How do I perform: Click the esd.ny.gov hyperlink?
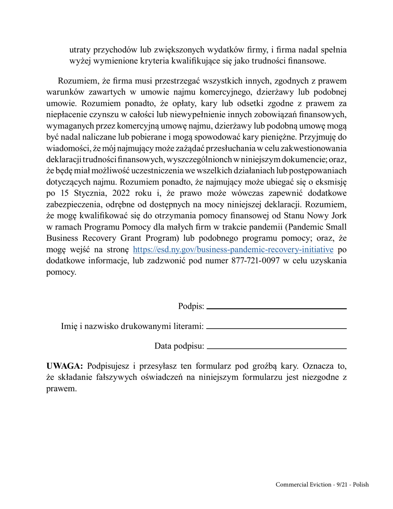[x=233, y=250]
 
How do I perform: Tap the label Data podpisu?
[x=179, y=346]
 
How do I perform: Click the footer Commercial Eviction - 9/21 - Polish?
[x=322, y=485]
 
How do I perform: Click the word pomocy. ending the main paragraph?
[x=61, y=272]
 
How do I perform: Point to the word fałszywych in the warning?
[x=99, y=377]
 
